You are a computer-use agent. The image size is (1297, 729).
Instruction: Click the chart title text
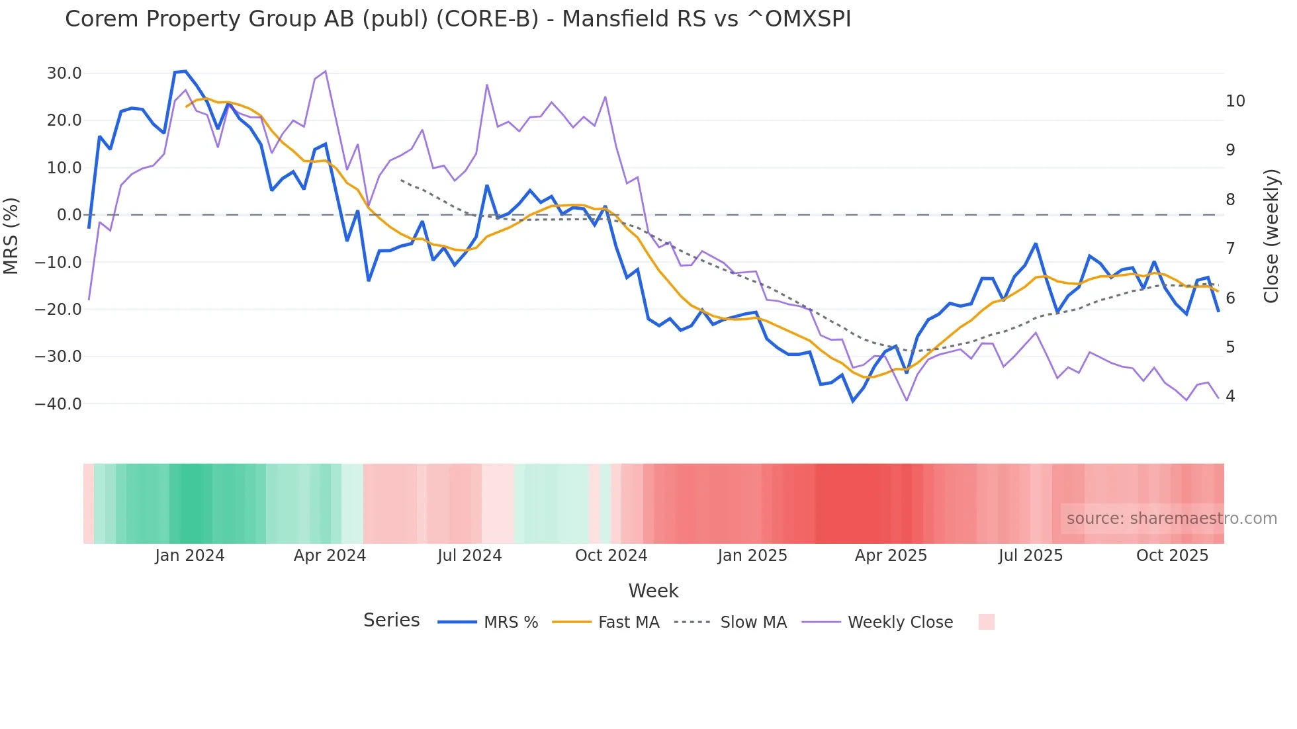pos(458,19)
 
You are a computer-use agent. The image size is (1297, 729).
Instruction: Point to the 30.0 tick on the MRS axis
pos(64,73)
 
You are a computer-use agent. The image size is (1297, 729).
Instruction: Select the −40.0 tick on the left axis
pos(58,404)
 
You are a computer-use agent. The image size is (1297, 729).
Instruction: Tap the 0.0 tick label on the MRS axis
pos(69,215)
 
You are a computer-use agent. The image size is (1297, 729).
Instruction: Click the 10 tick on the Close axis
pos(1235,101)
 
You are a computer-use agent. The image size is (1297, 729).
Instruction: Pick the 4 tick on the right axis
pos(1230,396)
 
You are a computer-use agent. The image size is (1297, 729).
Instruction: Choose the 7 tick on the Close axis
pos(1230,249)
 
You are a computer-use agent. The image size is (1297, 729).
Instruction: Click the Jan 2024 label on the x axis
pos(190,556)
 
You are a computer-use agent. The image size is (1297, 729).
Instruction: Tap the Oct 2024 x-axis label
pos(611,556)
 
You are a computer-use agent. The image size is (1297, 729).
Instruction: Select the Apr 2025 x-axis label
pos(891,556)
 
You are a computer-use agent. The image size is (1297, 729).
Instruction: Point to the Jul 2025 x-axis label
pos(1030,556)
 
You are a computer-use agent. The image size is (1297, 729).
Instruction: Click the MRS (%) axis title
pos(11,236)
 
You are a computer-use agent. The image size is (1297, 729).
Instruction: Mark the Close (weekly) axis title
pos(1271,236)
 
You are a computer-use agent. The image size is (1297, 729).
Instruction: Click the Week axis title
pos(653,591)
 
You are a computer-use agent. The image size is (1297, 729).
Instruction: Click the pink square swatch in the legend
pos(986,622)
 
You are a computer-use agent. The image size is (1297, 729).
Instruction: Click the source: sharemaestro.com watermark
pos(1171,519)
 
